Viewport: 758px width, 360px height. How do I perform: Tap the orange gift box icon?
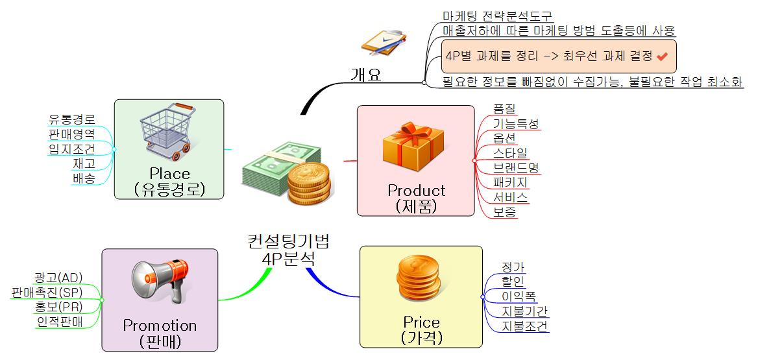pos(413,145)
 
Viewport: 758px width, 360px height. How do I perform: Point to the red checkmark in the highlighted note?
pos(662,56)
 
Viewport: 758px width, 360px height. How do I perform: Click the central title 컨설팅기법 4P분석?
pos(288,249)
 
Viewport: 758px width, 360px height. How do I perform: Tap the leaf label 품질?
pos(504,109)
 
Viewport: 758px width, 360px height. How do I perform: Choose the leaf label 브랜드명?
pos(515,168)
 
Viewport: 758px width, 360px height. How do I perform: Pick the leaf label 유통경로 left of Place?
pos(72,119)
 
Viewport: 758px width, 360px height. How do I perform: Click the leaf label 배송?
pos(84,178)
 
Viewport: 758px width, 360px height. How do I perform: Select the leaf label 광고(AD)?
pos(58,277)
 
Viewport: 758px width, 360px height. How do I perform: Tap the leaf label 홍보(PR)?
pos(60,306)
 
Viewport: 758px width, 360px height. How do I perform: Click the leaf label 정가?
pos(513,267)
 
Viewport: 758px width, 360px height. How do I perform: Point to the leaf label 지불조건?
pos(524,326)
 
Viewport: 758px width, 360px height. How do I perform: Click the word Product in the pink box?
pos(416,191)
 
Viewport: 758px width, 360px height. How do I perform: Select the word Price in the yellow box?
pos(421,322)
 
